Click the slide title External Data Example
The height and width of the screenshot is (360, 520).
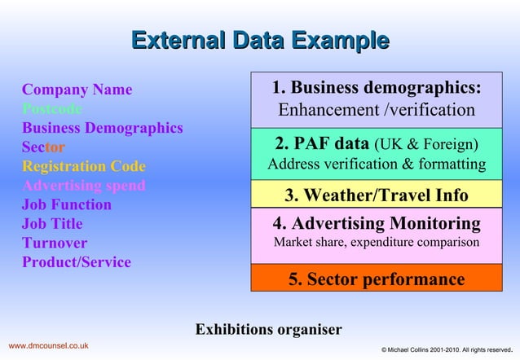point(259,40)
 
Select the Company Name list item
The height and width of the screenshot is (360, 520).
point(77,90)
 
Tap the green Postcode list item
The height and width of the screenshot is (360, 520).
point(51,108)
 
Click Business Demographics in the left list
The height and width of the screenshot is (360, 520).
point(102,128)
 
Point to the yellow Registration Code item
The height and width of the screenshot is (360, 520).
point(84,166)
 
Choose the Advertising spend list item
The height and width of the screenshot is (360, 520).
point(84,185)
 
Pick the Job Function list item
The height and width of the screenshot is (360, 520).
point(67,204)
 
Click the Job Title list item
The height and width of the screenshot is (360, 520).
point(52,224)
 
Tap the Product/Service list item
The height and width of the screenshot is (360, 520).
point(76,262)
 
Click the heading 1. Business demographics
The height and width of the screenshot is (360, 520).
point(376,88)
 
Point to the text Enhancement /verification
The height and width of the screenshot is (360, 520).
point(376,110)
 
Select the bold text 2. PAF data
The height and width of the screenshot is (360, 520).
point(321,145)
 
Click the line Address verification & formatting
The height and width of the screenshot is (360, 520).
point(376,165)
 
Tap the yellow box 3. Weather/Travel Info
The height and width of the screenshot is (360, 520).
point(376,195)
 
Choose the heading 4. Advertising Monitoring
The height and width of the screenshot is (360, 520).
point(376,223)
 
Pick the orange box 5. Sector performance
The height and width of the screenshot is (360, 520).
point(376,279)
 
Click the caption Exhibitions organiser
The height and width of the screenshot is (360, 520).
point(268,330)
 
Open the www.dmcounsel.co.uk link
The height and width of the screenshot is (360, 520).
point(48,347)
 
